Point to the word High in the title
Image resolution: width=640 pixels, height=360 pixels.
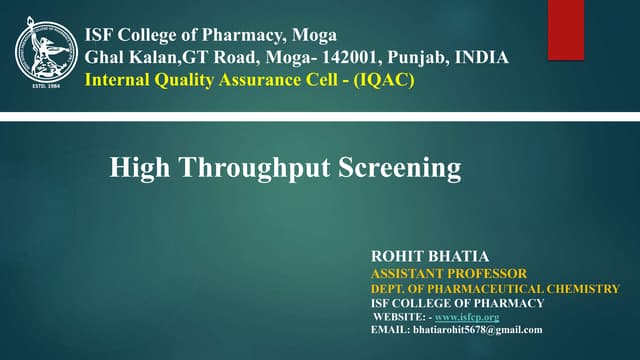click(136, 167)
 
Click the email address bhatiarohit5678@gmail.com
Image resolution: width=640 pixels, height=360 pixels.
click(478, 329)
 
